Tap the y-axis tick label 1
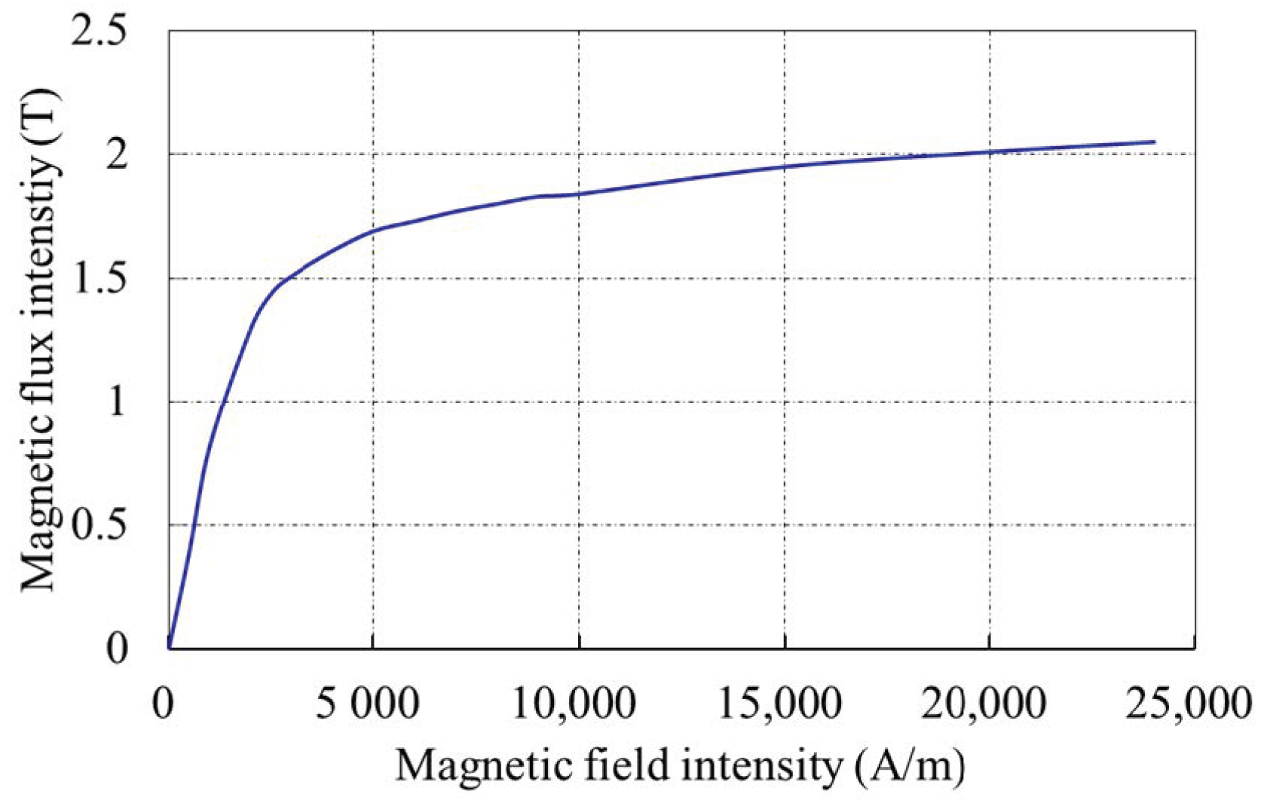click(x=117, y=402)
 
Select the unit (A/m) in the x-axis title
click(x=911, y=768)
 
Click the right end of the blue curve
click(x=1154, y=142)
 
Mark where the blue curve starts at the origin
click(x=170, y=646)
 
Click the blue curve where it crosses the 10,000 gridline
click(x=579, y=194)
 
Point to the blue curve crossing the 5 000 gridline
click(x=373, y=230)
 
